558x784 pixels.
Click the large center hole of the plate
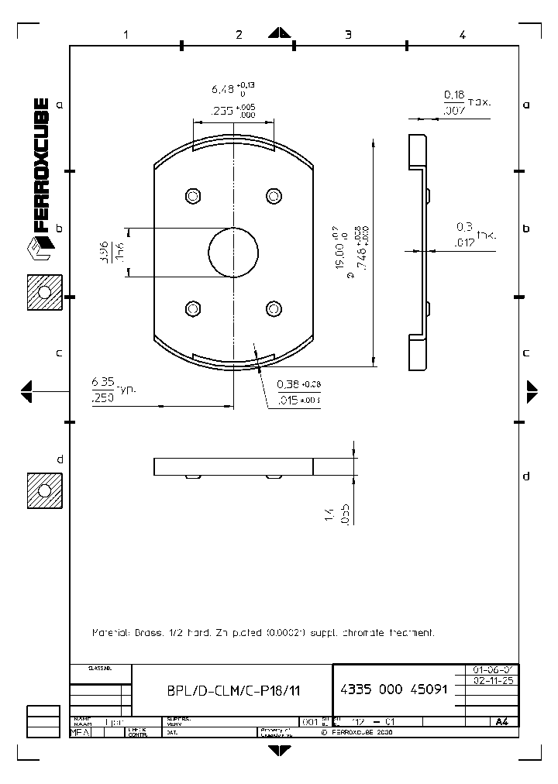(x=233, y=252)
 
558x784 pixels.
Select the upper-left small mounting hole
(x=192, y=194)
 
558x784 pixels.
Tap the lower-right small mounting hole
(x=273, y=309)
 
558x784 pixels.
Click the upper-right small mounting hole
(x=273, y=194)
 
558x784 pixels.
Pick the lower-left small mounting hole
(x=192, y=309)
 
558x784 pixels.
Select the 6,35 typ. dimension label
(x=103, y=381)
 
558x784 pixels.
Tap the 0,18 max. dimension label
(x=453, y=95)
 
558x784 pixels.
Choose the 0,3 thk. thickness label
(x=463, y=227)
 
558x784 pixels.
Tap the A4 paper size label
(x=501, y=721)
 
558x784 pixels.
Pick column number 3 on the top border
(x=348, y=34)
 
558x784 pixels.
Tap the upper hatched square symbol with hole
(x=44, y=293)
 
